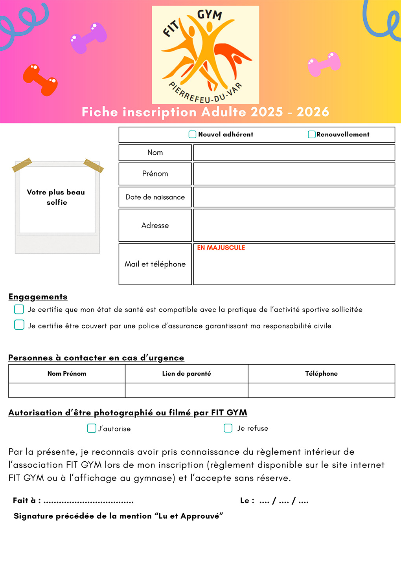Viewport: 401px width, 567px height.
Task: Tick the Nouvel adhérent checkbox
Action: coord(192,134)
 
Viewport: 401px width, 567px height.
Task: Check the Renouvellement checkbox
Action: coord(311,134)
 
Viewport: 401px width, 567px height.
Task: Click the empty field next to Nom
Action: coord(294,152)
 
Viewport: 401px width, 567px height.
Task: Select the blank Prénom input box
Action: coord(294,174)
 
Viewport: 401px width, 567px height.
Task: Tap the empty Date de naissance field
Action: coord(294,197)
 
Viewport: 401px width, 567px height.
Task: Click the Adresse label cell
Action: coord(155,225)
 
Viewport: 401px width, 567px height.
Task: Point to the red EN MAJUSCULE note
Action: coord(221,248)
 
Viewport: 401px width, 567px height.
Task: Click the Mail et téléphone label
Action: coord(155,264)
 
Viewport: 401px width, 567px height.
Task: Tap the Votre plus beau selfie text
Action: coord(56,197)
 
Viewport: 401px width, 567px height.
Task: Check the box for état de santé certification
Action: coord(19,309)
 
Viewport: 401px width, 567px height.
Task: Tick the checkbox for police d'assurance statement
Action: coord(19,325)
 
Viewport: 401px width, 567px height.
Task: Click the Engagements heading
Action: coord(38,297)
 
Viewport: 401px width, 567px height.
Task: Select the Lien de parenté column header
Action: coord(186,373)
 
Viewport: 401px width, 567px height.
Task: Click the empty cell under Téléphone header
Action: coord(321,390)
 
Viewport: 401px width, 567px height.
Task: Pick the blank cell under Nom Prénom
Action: coord(67,390)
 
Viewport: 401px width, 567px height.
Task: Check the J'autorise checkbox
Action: coord(91,428)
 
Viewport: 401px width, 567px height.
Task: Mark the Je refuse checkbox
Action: coord(228,428)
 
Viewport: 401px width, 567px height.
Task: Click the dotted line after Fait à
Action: coord(89,501)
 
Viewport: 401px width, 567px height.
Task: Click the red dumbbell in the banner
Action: coord(40,80)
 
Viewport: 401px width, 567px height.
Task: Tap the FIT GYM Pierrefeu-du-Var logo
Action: coord(205,55)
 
